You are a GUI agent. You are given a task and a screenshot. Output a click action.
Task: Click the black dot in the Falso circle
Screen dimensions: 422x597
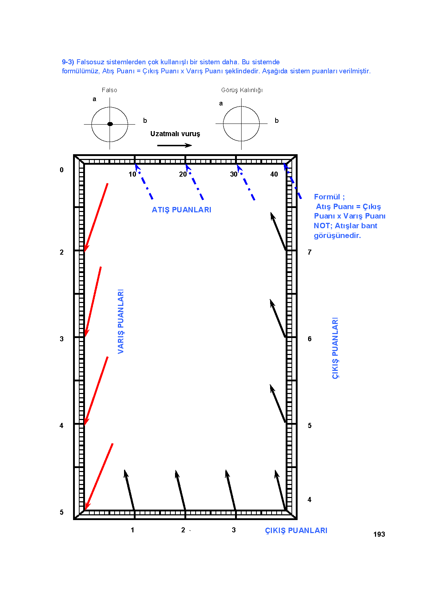[110, 124]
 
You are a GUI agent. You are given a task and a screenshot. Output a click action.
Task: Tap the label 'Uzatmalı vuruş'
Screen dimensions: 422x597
[175, 134]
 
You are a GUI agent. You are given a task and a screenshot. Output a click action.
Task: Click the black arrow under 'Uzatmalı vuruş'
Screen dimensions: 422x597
[175, 145]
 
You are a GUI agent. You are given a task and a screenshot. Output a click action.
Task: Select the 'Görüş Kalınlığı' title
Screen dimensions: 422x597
[242, 90]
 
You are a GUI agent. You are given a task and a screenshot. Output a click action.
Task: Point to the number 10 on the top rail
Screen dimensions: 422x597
[132, 174]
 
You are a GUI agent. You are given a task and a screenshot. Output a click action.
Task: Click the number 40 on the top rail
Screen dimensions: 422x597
[274, 174]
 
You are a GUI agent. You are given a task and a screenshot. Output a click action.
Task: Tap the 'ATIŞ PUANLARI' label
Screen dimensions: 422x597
[182, 210]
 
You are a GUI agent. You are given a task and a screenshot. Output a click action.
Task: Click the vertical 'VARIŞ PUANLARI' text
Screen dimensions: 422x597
[121, 321]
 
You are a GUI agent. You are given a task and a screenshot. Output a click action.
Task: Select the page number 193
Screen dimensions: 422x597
[379, 534]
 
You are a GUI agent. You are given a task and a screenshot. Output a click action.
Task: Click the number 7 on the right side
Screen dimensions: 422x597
[310, 252]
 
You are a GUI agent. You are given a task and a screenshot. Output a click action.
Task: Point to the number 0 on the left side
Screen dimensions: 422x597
[62, 170]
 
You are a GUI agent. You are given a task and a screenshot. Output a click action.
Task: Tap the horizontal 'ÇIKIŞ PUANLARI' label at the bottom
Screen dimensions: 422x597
[296, 531]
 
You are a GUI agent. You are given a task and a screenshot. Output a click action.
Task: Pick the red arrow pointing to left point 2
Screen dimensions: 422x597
[96, 217]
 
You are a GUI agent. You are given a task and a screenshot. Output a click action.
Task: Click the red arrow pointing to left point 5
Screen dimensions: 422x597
[99, 477]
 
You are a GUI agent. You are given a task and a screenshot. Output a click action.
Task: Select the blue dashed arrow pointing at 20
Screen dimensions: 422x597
[195, 182]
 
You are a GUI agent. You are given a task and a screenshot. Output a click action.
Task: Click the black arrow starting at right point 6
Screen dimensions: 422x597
[278, 318]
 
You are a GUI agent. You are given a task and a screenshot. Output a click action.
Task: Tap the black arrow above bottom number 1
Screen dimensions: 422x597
[129, 490]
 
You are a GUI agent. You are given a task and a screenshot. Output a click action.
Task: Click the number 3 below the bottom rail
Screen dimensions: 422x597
[234, 530]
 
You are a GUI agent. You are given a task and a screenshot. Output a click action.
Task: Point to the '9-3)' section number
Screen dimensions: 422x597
[68, 62]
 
